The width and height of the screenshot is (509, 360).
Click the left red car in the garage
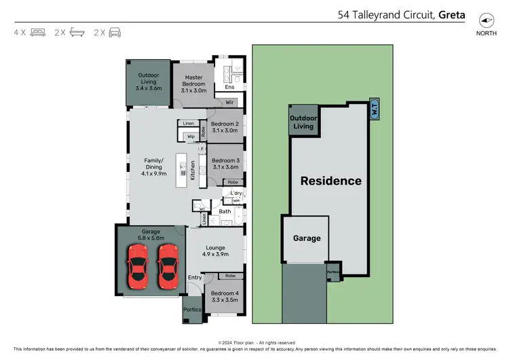[x=138, y=265]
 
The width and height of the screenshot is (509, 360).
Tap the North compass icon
[x=485, y=20]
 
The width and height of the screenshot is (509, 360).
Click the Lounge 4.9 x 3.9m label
[x=214, y=251]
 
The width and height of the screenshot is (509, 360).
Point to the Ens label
[x=229, y=88]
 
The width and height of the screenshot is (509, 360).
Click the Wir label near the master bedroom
[x=229, y=102]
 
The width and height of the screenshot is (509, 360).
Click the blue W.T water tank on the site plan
[x=373, y=109]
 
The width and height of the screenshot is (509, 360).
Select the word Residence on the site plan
[x=331, y=181]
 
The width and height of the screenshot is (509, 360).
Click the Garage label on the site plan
[x=307, y=238]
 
